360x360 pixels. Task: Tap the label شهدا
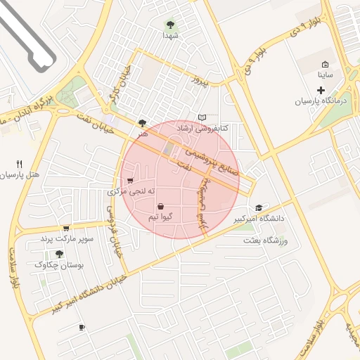171,34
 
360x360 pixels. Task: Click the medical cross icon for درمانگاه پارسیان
321,90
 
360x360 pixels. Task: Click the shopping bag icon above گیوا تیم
162,207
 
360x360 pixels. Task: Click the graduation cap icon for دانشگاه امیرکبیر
259,207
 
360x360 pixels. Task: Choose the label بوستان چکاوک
59,265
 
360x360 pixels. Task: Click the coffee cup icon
82,327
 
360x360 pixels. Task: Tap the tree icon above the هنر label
143,122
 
